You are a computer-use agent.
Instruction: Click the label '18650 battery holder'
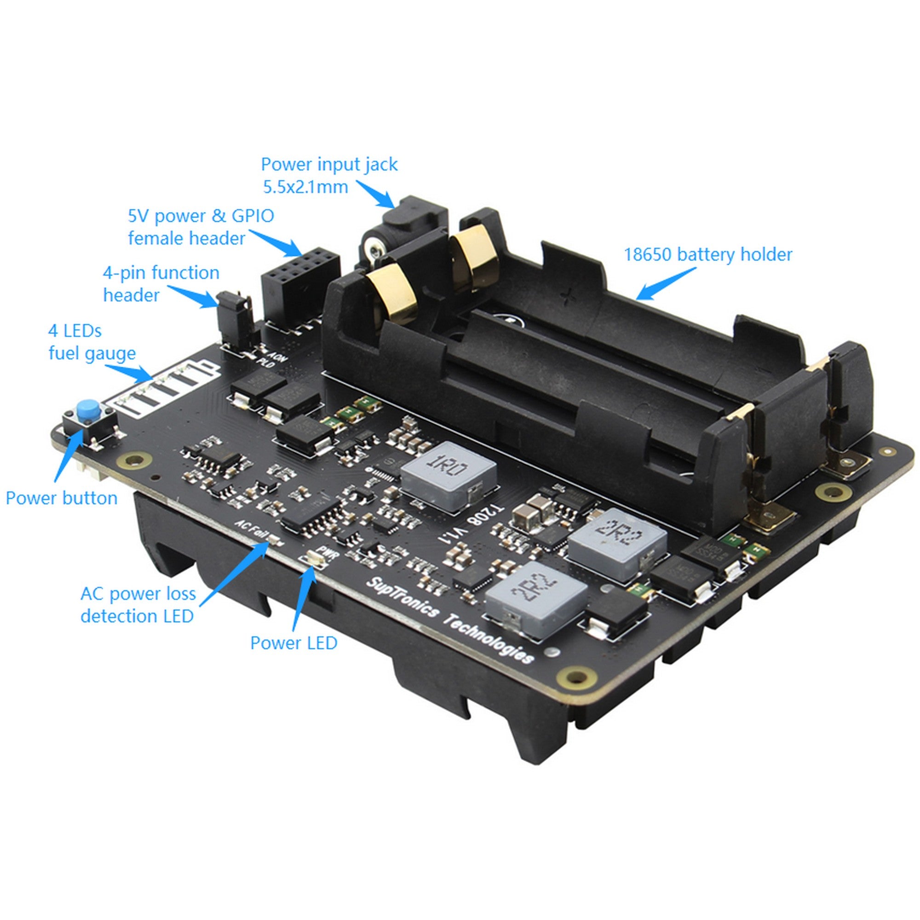point(707,255)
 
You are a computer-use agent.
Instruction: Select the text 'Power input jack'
point(329,165)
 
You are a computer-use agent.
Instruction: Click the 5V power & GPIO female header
point(300,286)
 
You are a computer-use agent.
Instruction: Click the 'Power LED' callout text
point(294,644)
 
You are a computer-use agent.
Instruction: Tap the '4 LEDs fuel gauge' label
point(92,342)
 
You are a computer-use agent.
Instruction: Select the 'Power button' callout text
point(62,498)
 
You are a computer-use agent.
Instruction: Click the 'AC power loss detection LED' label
point(138,605)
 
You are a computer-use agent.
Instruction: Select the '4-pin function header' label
point(161,284)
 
